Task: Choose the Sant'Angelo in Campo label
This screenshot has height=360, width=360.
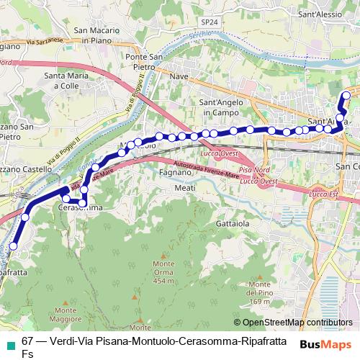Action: click(x=220, y=107)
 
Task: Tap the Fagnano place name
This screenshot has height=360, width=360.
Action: click(x=174, y=173)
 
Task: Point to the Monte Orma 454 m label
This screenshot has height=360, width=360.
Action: click(x=164, y=273)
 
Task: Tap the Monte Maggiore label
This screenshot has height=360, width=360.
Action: click(x=66, y=315)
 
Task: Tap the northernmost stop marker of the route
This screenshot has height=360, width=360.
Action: click(x=346, y=96)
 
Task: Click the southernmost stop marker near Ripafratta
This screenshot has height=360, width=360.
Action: click(x=13, y=247)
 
